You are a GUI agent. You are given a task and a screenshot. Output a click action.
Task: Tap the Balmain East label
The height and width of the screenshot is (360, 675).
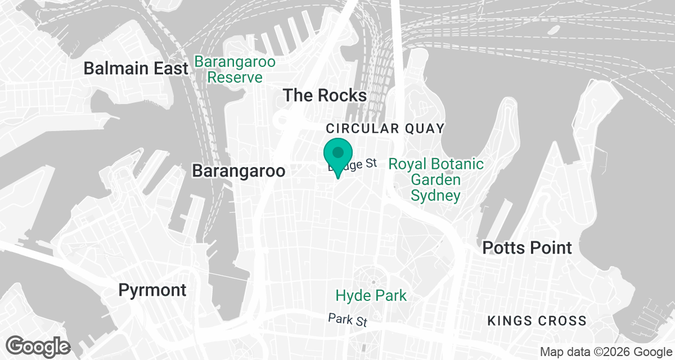click(x=136, y=69)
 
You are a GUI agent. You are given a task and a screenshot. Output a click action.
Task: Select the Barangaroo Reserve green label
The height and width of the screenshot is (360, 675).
click(x=235, y=69)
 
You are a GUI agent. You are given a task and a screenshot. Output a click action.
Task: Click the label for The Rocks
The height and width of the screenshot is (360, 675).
click(x=325, y=95)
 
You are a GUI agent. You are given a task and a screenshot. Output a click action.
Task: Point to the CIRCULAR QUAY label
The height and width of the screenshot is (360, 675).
click(x=385, y=128)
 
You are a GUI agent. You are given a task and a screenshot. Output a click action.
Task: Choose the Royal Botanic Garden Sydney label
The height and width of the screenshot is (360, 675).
click(x=435, y=180)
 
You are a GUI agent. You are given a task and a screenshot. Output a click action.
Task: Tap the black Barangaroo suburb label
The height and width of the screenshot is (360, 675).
click(x=239, y=171)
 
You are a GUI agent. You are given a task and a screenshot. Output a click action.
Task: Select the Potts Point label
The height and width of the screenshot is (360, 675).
click(x=527, y=247)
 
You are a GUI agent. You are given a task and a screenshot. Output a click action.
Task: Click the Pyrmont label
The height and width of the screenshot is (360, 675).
click(x=152, y=290)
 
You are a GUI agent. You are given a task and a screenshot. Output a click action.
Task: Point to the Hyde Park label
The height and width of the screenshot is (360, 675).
click(x=371, y=295)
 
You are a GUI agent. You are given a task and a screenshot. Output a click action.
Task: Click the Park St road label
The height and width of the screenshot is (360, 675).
click(x=348, y=321)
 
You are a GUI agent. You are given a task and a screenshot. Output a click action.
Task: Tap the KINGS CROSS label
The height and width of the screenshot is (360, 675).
click(x=537, y=321)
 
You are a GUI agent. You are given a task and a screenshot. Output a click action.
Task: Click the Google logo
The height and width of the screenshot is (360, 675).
click(x=38, y=345)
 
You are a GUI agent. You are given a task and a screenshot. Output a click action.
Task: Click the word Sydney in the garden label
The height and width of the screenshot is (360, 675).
click(x=435, y=196)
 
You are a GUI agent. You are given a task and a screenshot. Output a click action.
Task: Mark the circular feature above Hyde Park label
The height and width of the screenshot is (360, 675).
click(x=372, y=281)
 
